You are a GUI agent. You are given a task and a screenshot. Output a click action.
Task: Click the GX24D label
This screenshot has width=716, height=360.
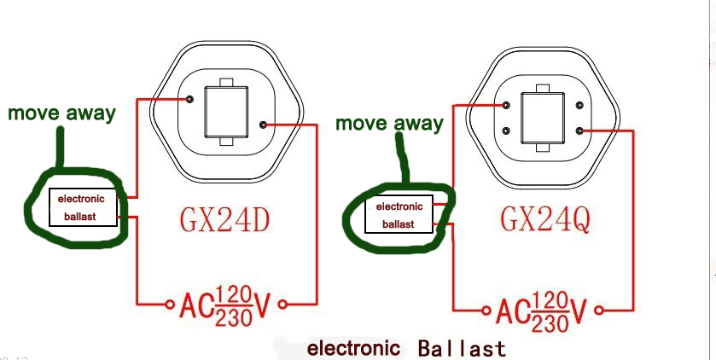click(x=224, y=220)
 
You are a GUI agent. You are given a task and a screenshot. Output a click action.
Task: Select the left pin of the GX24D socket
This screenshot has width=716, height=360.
click(x=189, y=100)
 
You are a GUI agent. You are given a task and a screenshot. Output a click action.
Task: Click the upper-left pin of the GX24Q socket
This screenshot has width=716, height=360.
click(x=507, y=107)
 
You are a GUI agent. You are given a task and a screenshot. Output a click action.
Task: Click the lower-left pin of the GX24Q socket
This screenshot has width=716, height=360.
click(x=507, y=131)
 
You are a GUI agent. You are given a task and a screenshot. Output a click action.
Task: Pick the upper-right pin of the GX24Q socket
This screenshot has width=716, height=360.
click(x=579, y=107)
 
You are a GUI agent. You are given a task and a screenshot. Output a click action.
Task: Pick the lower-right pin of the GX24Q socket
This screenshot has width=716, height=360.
click(x=579, y=131)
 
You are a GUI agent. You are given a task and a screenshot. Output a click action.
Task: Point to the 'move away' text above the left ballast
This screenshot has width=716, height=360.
click(x=61, y=113)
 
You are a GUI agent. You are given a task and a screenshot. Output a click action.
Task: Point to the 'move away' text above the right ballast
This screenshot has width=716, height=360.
click(x=389, y=123)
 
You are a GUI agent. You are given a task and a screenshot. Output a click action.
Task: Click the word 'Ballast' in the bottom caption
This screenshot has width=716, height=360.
click(x=462, y=348)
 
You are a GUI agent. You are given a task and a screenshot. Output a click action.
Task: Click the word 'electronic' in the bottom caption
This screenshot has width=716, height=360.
click(x=353, y=348)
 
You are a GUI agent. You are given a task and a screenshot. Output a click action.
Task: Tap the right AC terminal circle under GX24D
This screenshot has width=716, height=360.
click(x=281, y=303)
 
